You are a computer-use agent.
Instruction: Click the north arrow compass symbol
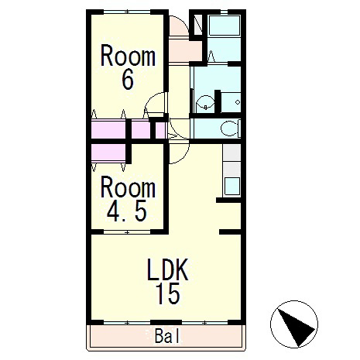click(x=294, y=324)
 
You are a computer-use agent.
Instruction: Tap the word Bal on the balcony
click(x=167, y=336)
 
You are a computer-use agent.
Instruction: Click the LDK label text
click(x=167, y=269)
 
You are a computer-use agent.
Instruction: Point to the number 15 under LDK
click(x=168, y=293)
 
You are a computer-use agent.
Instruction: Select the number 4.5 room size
click(x=127, y=211)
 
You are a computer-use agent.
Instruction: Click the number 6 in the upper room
click(x=128, y=79)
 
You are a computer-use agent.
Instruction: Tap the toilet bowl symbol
click(x=230, y=129)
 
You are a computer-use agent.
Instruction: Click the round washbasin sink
click(x=205, y=102)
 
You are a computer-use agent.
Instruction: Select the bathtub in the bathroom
click(x=225, y=26)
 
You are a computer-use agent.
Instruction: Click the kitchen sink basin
click(x=232, y=186)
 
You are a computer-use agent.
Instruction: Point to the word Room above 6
click(x=128, y=56)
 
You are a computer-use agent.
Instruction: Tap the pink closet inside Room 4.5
click(x=108, y=153)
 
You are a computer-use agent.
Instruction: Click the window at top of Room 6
click(x=127, y=12)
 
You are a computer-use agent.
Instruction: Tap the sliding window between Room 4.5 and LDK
click(x=127, y=232)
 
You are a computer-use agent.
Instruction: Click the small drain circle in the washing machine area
click(x=238, y=102)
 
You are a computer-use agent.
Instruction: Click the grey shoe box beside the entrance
click(x=198, y=25)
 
